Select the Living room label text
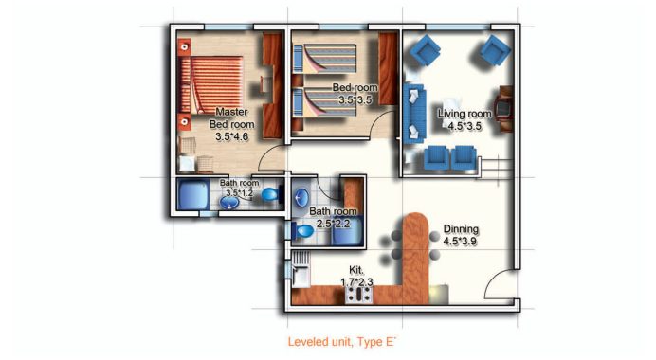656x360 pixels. pos(465,114)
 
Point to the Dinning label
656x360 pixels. pos(461,229)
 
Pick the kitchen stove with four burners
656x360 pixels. pos(358,295)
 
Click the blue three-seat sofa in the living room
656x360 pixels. pos(413,112)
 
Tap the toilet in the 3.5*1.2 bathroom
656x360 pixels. pos(270,195)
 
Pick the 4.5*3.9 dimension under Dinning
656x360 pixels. pos(461,243)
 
